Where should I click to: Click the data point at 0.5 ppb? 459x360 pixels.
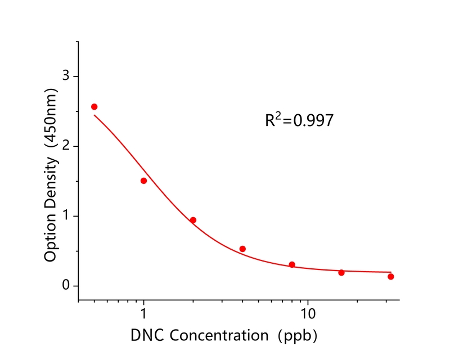94,107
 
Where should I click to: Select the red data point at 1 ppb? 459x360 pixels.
143,181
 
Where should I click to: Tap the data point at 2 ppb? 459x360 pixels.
193,220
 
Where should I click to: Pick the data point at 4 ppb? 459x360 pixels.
242,249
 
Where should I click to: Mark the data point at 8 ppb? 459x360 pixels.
292,264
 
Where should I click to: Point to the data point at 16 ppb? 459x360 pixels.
341,272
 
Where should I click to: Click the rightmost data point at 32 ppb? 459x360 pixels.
391,276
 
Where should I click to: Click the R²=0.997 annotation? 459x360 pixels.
299,120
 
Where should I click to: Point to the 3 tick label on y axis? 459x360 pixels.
66,76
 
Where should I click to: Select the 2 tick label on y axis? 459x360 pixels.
66,146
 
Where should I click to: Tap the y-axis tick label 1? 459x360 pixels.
66,216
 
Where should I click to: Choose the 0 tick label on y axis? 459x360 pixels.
66,286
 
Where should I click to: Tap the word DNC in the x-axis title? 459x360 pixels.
148,336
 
